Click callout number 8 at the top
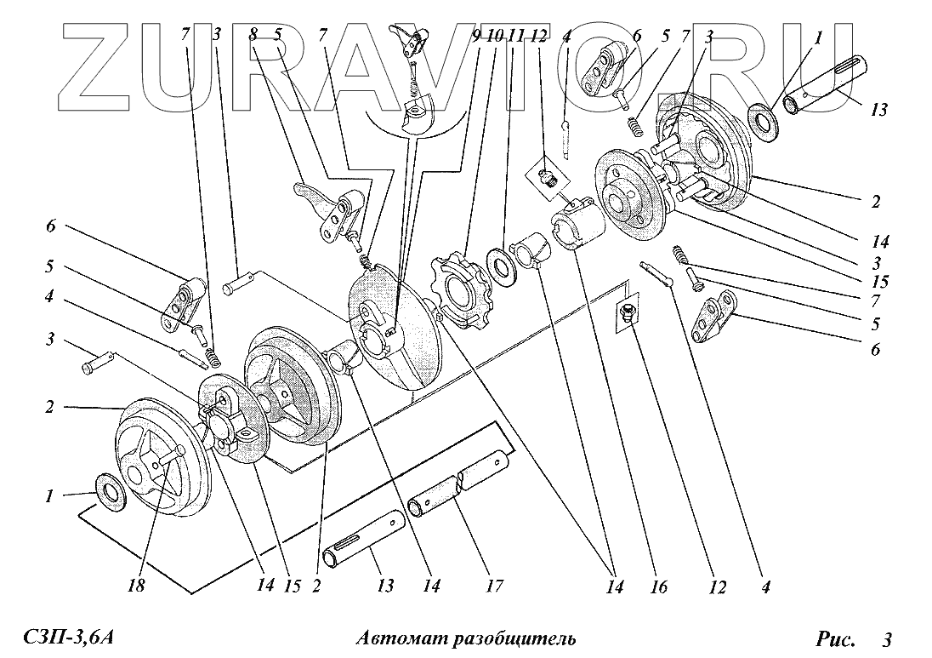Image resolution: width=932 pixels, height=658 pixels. tap(253, 35)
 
